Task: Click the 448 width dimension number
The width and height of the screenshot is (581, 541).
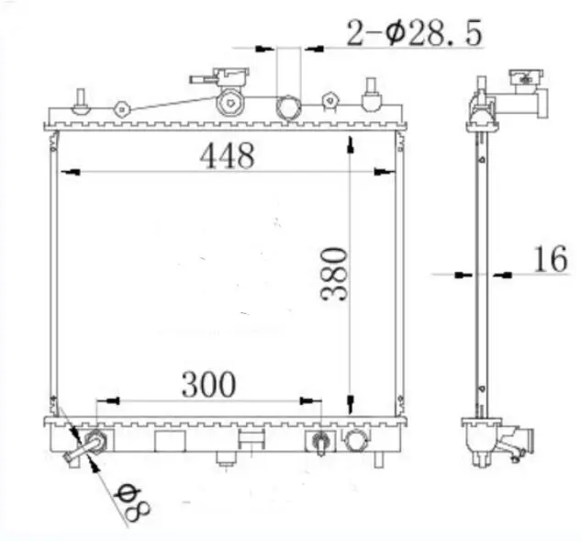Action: [x=227, y=156]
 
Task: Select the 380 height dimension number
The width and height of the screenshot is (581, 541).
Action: [x=334, y=274]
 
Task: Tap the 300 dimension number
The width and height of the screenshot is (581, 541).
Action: [x=208, y=384]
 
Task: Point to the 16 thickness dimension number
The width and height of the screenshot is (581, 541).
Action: [x=550, y=258]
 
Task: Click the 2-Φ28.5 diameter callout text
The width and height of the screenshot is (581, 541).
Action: [x=415, y=33]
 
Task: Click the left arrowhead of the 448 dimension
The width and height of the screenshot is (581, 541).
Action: [x=71, y=173]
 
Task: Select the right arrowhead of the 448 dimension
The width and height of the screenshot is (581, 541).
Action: [x=385, y=173]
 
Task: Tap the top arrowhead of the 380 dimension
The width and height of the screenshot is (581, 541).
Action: [x=350, y=144]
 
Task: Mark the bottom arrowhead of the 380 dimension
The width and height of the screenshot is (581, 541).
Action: [x=350, y=404]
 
